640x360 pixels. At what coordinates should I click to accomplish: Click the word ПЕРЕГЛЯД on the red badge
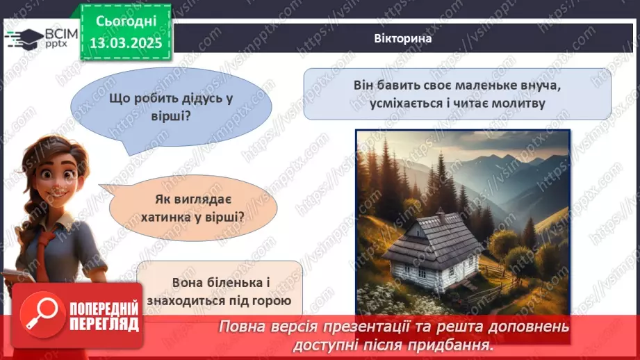click(104, 324)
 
